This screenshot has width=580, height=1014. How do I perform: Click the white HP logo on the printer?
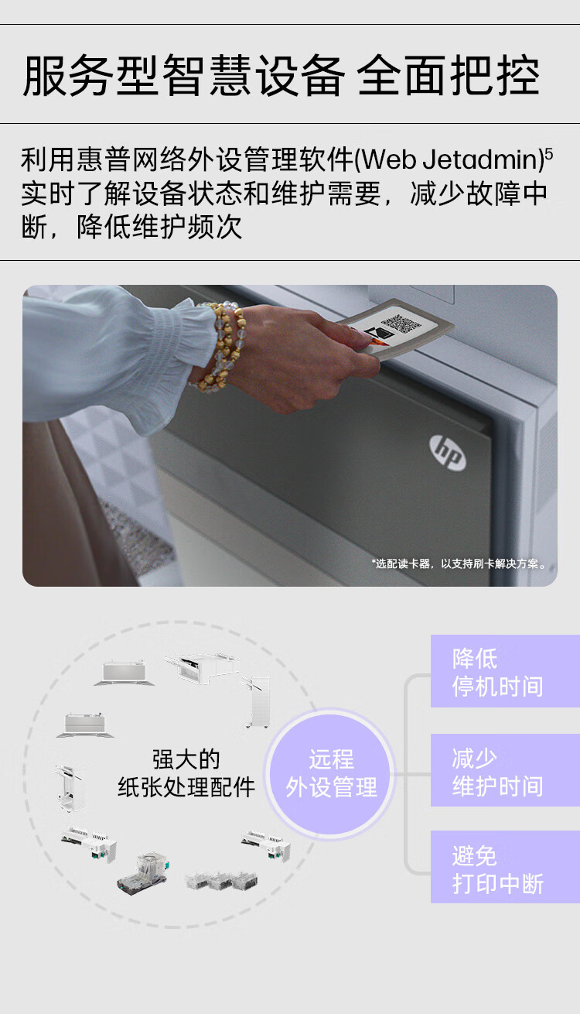(448, 452)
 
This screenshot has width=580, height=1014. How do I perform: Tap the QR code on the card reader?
(401, 324)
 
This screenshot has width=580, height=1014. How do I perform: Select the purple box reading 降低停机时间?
(505, 671)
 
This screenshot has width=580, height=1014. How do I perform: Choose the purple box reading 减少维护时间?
(505, 770)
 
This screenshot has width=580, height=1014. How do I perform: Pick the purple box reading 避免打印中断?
(505, 867)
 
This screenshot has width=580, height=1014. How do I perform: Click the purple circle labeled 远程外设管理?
(330, 773)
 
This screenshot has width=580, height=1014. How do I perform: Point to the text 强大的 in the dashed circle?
(186, 759)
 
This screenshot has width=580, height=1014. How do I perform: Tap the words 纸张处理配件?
(186, 786)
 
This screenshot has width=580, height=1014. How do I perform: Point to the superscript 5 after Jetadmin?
(549, 154)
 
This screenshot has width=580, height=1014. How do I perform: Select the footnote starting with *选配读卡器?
(459, 564)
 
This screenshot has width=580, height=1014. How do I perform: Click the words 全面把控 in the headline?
(449, 75)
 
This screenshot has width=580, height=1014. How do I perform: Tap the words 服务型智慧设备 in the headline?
(184, 75)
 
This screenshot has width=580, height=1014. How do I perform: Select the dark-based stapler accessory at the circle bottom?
(143, 875)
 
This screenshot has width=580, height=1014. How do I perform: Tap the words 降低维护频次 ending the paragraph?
(159, 227)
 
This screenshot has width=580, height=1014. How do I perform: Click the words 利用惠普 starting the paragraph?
(76, 159)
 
